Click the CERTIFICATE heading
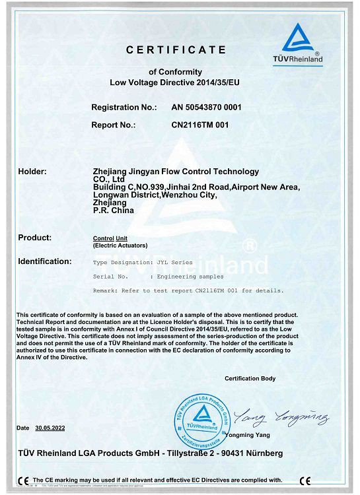pos(176,50)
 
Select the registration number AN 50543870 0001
pos(206,107)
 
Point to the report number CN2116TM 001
pos(199,124)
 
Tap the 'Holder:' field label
pos(32,172)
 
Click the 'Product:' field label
pos(35,237)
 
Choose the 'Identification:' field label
pos(45,261)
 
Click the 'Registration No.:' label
pos(124,107)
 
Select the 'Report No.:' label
pos(113,124)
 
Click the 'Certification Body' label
pos(250,378)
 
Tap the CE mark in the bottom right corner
pos(305,480)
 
